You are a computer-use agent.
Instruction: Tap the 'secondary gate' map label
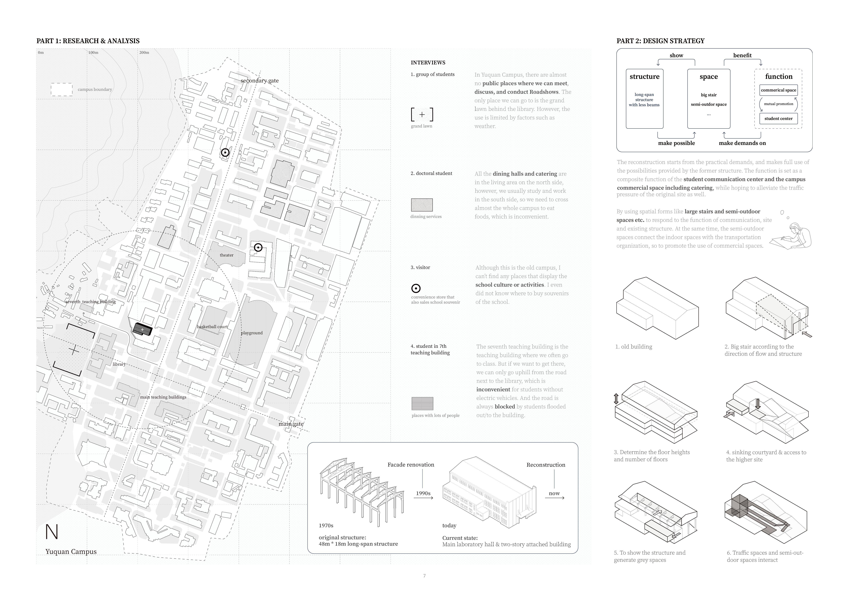tap(260, 81)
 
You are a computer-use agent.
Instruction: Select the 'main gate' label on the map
tap(291, 424)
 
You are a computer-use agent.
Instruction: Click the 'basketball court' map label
tap(212, 327)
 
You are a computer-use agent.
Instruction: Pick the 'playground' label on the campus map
tap(252, 333)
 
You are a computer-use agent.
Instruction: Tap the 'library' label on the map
tap(119, 364)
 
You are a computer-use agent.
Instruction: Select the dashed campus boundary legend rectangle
tap(62, 90)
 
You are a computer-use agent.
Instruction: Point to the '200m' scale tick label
tap(144, 53)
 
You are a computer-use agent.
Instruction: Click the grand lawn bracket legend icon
tap(422, 115)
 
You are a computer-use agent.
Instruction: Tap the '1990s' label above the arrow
tap(423, 493)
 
